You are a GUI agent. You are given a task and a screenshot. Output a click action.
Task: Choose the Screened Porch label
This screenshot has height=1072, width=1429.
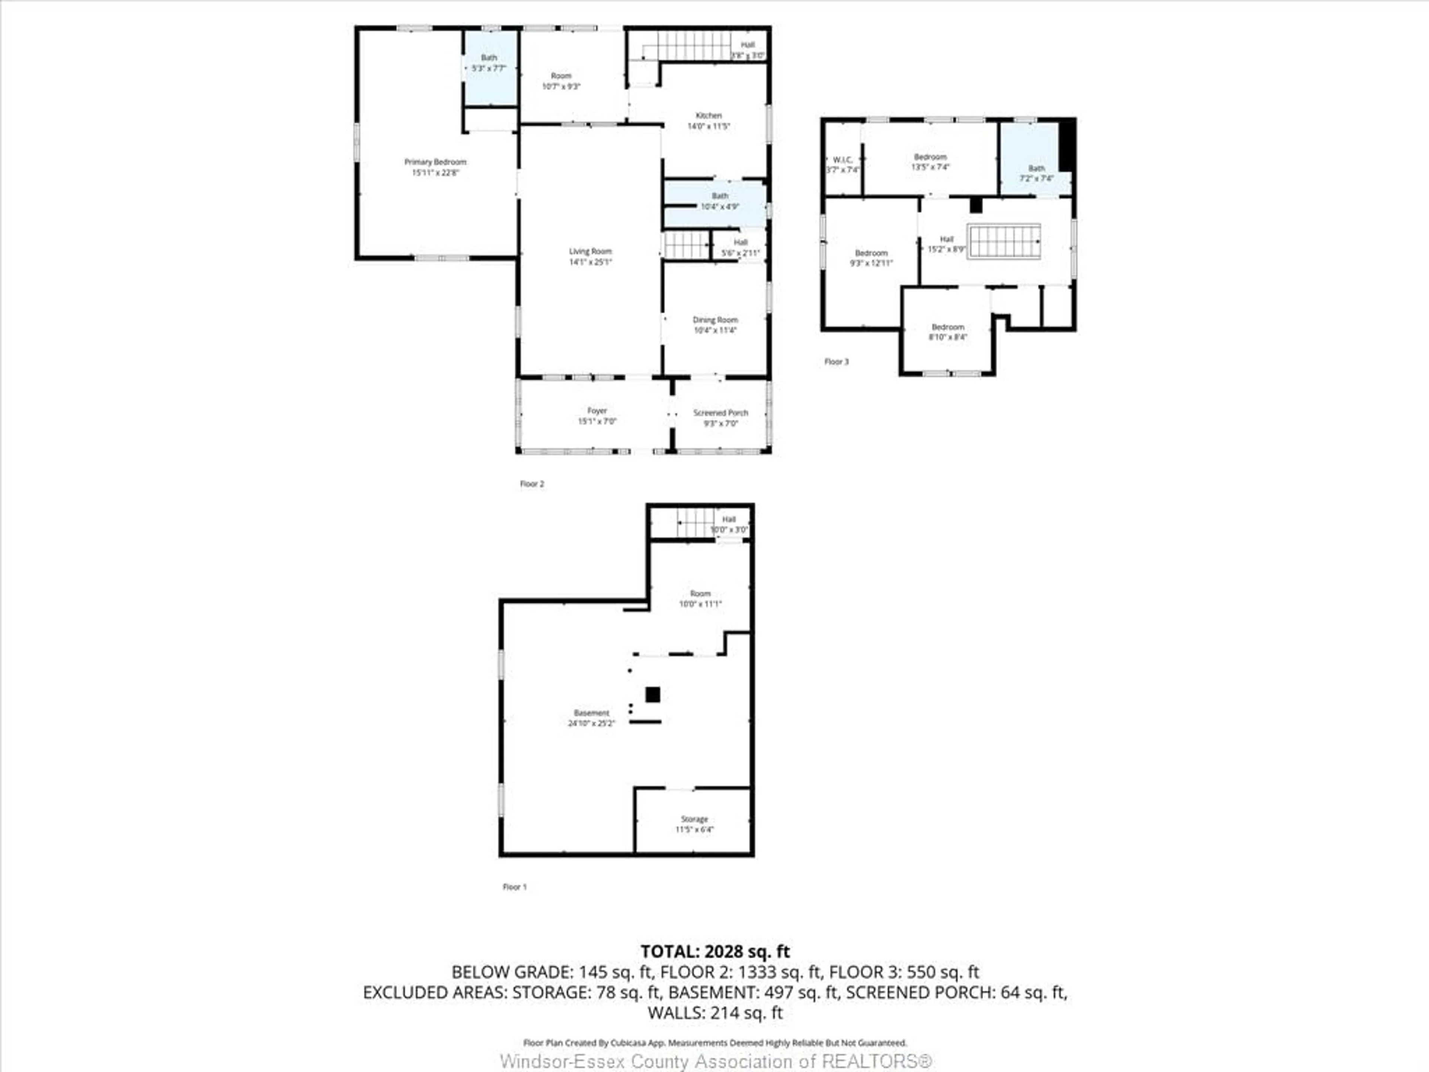(720, 413)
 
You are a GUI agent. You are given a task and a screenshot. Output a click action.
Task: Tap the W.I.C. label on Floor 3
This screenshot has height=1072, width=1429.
(843, 160)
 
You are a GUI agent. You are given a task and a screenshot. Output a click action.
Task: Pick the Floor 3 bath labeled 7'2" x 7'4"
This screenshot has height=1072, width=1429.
(1036, 173)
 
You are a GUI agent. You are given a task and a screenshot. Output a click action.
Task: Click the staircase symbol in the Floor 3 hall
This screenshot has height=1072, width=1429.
(1003, 241)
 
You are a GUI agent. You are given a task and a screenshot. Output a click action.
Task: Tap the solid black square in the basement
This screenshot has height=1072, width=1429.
(652, 695)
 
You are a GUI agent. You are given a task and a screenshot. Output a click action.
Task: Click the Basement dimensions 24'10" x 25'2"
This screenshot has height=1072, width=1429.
(591, 724)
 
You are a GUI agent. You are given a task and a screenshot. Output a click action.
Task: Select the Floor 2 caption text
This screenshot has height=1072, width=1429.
(532, 484)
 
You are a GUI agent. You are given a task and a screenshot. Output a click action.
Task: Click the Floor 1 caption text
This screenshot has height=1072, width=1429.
(514, 887)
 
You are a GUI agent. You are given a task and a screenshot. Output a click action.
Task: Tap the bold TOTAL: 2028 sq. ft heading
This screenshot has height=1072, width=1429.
(714, 951)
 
